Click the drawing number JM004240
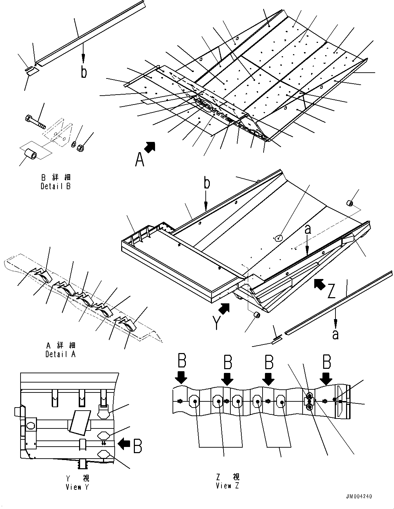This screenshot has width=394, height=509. [358, 496]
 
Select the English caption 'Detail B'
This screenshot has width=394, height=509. [55, 186]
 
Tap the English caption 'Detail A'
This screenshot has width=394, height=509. [60, 354]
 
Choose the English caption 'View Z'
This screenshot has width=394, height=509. [228, 486]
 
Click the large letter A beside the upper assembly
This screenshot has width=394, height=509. [139, 159]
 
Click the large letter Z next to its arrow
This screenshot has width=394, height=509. [331, 291]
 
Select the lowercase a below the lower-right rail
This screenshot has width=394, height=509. [335, 334]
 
